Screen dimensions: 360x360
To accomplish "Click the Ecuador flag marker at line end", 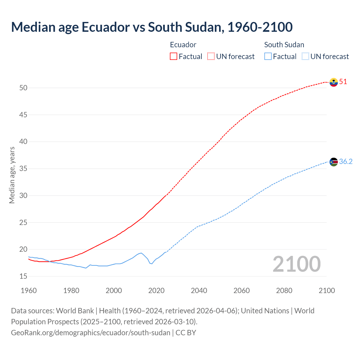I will point(334,82).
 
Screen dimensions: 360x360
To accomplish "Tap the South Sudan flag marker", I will point(334,162).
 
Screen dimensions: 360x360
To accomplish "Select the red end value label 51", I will point(343,82).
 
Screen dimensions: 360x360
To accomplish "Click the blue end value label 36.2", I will point(346,161).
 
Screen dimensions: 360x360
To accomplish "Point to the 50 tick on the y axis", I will point(23,88).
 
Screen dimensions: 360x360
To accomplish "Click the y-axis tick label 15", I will point(23,276).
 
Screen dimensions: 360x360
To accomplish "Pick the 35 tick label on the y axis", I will point(23,169).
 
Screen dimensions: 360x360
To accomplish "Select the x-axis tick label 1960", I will point(29,291).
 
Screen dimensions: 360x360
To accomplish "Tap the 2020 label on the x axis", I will point(156,291).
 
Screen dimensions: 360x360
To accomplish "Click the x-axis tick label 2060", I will point(242,291).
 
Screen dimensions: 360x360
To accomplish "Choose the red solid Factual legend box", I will point(174,57).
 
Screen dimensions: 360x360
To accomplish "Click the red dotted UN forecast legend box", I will point(211,57).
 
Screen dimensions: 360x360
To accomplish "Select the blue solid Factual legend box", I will point(268,57).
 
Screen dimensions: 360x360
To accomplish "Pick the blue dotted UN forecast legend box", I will point(305,57).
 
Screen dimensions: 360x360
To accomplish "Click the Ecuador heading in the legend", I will point(183,45).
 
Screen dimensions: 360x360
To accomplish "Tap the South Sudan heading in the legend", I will point(284,45).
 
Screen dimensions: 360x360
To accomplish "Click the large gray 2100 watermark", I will point(296,264).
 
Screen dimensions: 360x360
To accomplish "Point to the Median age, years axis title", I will point(12,175).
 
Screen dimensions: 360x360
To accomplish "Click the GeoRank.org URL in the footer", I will point(91,333).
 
